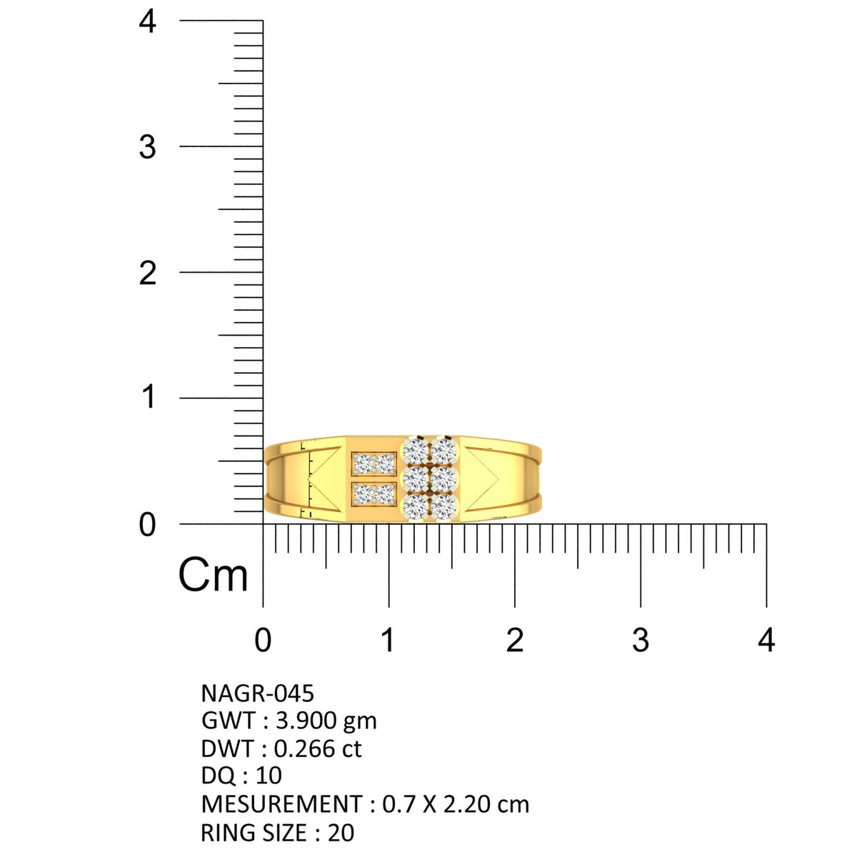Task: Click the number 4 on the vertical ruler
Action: (147, 21)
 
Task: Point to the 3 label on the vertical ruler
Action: (147, 147)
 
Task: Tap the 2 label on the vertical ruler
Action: (147, 273)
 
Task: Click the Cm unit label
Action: (213, 575)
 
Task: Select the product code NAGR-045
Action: (258, 693)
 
